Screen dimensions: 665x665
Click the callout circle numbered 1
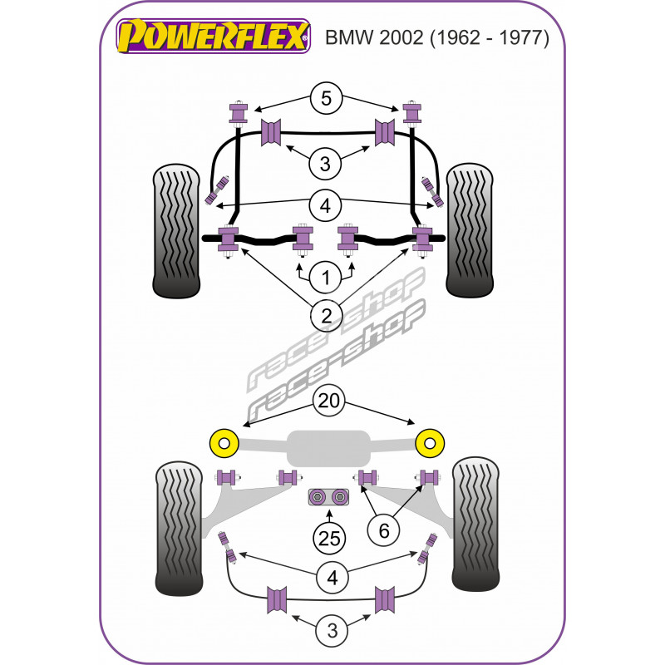[325, 276]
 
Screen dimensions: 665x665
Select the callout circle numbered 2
[325, 315]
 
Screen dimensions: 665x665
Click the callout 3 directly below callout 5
[325, 164]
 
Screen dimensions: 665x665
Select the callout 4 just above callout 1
[325, 204]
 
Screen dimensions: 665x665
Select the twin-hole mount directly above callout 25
[329, 497]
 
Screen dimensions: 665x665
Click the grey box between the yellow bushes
[328, 447]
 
